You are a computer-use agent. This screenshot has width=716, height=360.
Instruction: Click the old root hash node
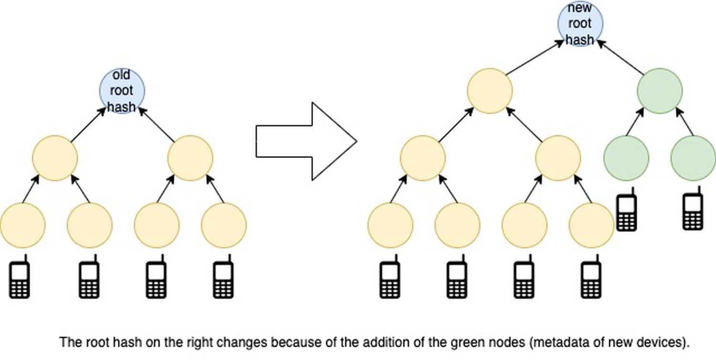(121, 91)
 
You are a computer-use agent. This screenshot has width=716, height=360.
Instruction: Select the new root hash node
(580, 24)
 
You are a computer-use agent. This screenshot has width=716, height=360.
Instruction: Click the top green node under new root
(660, 91)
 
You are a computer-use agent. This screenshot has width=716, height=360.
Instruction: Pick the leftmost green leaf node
(626, 158)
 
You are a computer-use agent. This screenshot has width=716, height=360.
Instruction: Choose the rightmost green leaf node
(693, 158)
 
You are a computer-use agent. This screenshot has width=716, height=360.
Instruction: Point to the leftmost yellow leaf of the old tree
(22, 225)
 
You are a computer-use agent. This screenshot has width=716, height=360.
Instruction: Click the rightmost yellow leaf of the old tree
(224, 225)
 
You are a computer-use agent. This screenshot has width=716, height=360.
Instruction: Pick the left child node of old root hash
(55, 158)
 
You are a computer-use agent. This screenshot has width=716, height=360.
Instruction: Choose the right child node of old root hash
(190, 158)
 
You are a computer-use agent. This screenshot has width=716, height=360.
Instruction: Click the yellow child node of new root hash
(489, 91)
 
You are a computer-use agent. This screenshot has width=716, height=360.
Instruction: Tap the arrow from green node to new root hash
(620, 57)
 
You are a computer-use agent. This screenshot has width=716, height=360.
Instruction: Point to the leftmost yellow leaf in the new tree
(390, 225)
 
